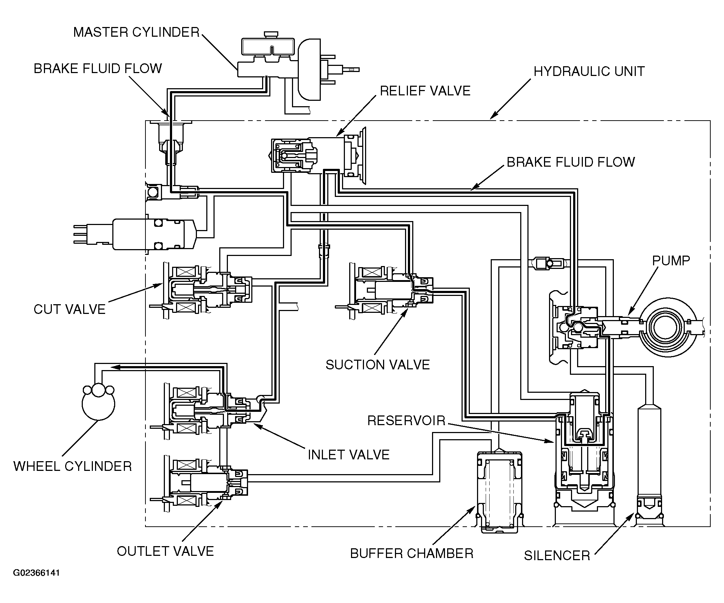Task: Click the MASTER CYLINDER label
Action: click(x=136, y=32)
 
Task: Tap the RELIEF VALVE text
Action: click(x=425, y=91)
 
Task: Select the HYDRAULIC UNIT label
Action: click(x=589, y=71)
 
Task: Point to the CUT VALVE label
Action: click(x=69, y=309)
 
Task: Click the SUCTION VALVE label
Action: click(x=378, y=365)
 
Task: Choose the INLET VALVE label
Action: click(x=348, y=455)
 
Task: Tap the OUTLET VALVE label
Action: click(x=165, y=551)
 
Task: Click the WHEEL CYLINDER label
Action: click(x=72, y=466)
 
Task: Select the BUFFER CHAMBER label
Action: click(x=412, y=553)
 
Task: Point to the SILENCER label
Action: click(x=557, y=555)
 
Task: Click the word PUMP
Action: click(x=671, y=260)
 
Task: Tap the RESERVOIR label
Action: click(x=406, y=420)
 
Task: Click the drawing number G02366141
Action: click(x=36, y=583)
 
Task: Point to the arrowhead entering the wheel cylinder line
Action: click(x=115, y=367)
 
